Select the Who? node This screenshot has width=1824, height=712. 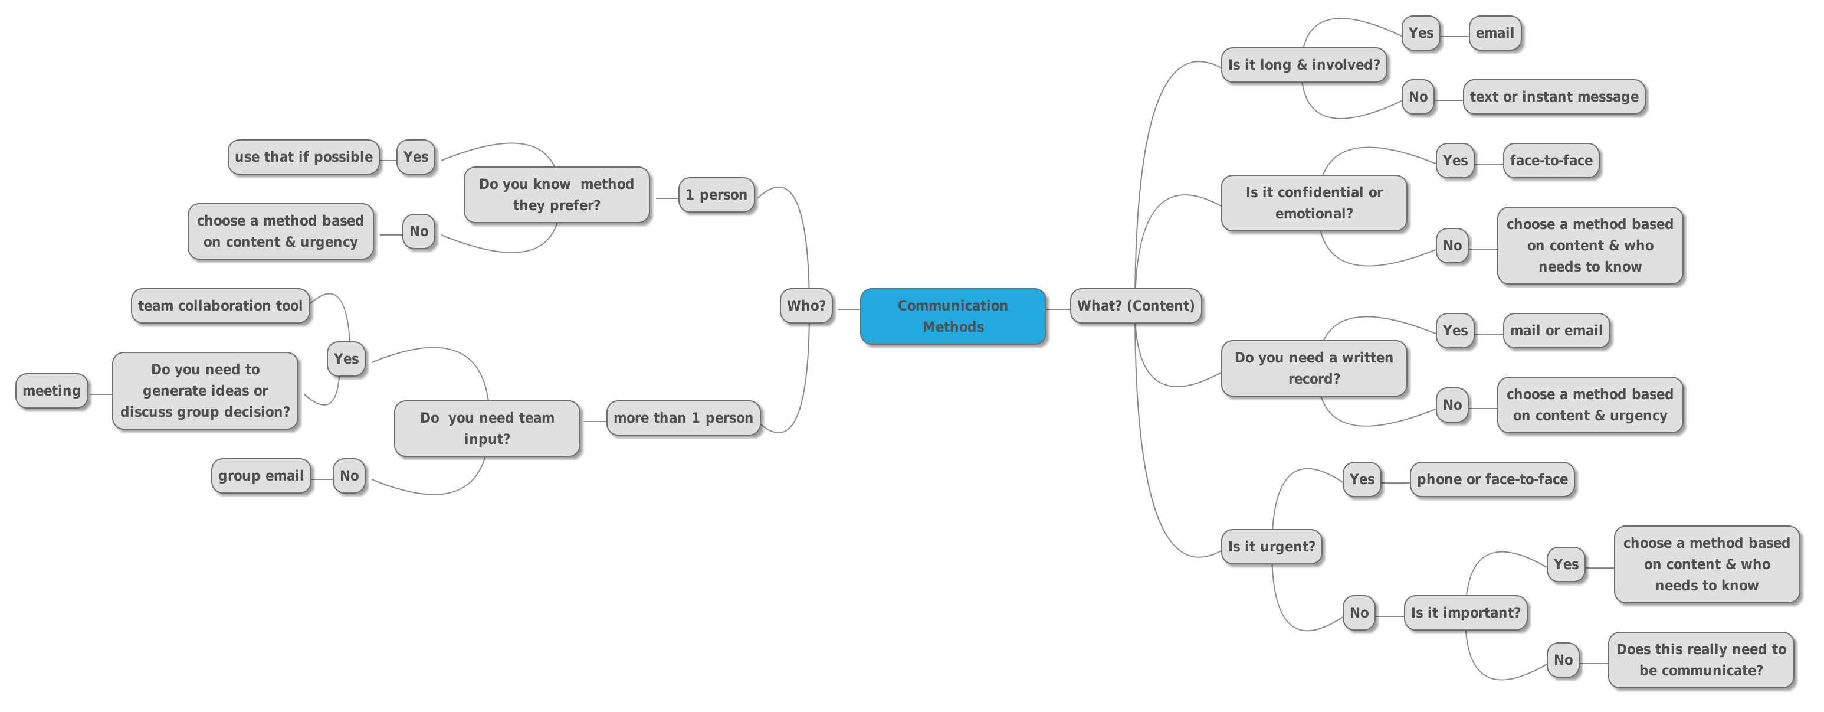coord(806,305)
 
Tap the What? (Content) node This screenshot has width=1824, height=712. coord(1135,305)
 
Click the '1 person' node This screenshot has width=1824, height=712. coord(716,195)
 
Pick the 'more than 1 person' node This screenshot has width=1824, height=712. coord(683,418)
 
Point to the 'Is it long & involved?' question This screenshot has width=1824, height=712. coord(1304,64)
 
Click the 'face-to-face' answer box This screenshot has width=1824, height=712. coord(1551,160)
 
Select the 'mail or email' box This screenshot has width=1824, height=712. coord(1556,330)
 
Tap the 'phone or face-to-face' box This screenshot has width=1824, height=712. coord(1492,479)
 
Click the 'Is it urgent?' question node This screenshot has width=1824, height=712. coord(1271,546)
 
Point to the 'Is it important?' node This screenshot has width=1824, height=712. coord(1465,613)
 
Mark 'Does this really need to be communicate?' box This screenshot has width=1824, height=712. coord(1701,659)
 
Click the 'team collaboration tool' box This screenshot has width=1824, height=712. coord(220,305)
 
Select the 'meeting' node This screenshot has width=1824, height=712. coord(52,390)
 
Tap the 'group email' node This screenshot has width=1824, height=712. coord(261,475)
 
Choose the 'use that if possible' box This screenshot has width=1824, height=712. coord(303,156)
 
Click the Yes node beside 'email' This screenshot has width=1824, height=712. coord(1421,32)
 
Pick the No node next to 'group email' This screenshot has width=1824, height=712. coord(349,475)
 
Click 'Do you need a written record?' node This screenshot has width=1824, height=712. coord(1314,368)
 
